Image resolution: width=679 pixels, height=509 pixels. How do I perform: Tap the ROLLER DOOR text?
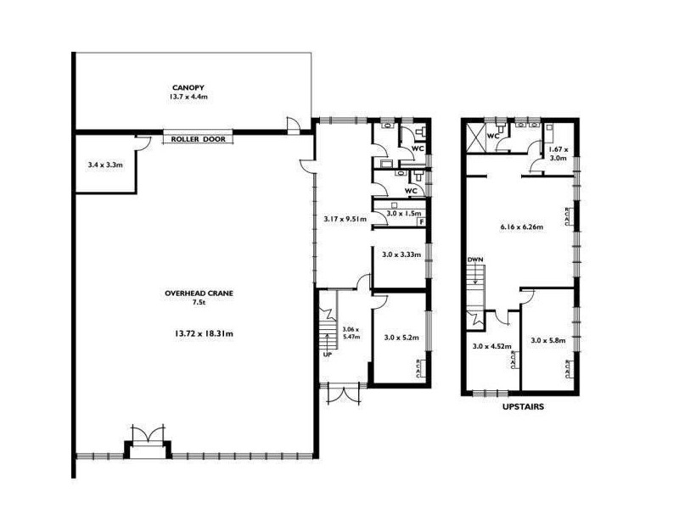(x=199, y=139)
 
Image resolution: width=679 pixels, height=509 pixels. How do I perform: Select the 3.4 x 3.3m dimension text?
(x=106, y=165)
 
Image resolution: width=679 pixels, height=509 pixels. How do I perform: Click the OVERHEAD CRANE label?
(x=199, y=294)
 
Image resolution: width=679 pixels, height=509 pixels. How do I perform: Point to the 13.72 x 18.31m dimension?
(x=199, y=333)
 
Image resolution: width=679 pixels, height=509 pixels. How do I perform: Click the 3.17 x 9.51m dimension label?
(x=345, y=219)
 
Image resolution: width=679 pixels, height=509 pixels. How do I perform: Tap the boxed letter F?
(x=421, y=222)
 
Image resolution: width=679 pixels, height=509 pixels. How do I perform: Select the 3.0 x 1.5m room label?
(x=401, y=214)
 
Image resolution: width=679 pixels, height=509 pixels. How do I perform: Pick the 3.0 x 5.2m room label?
(x=399, y=337)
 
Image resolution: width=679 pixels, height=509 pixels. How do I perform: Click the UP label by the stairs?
(x=327, y=355)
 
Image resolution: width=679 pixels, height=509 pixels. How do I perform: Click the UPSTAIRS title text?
(x=522, y=407)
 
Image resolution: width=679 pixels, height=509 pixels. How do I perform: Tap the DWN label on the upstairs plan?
(x=474, y=260)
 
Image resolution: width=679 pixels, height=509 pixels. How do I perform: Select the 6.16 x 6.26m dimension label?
(x=521, y=227)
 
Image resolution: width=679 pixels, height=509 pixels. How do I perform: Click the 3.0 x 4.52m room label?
(x=491, y=345)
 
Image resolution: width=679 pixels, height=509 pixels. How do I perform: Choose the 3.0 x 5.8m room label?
(x=547, y=340)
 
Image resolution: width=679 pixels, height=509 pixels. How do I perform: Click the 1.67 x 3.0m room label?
(x=558, y=154)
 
